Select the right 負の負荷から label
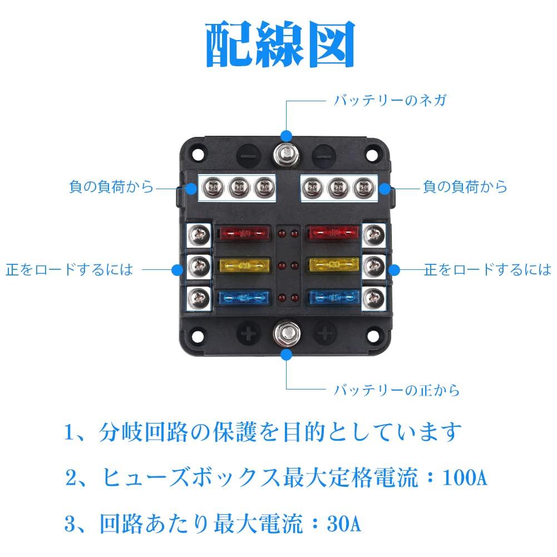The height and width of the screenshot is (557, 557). pyautogui.click(x=465, y=187)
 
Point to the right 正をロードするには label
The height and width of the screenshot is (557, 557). pyautogui.click(x=487, y=270)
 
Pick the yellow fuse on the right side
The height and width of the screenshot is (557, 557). pyautogui.click(x=333, y=265)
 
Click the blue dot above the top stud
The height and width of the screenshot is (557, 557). pyautogui.click(x=287, y=135)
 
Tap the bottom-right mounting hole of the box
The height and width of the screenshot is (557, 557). pyautogui.click(x=377, y=338)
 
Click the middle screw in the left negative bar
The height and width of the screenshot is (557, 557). pyautogui.click(x=238, y=188)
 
